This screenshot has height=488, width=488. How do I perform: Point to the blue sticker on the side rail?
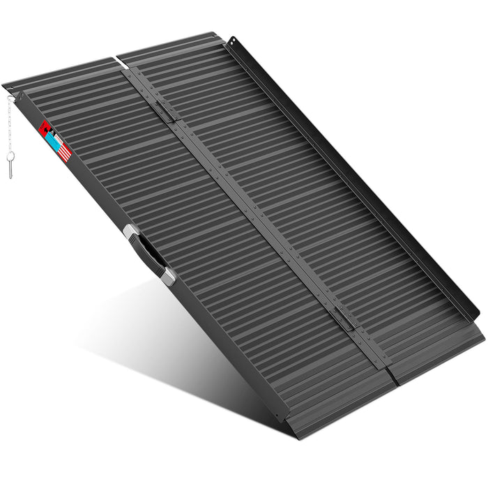tap(54, 139)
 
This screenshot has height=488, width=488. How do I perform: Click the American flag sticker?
tap(63, 151)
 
